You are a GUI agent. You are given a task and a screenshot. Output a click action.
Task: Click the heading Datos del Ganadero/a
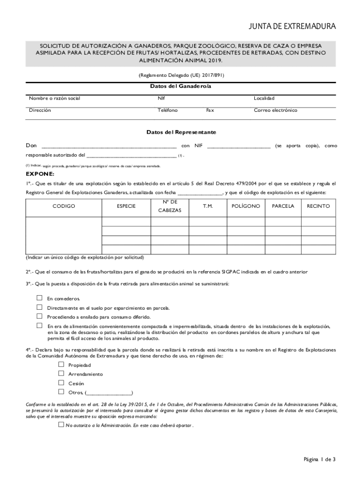point(180,87)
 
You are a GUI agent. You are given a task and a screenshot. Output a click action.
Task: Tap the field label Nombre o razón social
point(55,98)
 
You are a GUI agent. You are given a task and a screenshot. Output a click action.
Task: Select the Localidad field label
point(264,98)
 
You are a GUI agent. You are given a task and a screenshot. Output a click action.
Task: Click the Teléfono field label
point(168,110)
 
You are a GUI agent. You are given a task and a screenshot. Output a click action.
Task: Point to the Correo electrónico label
point(275,110)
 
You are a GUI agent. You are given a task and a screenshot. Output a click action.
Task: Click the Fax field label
point(210,110)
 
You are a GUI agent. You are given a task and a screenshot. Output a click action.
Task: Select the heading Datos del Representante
point(181,132)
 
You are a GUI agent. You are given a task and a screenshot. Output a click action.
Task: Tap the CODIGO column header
point(64,206)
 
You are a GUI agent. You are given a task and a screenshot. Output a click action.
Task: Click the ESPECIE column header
point(126,206)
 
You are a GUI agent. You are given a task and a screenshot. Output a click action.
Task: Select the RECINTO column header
point(318,206)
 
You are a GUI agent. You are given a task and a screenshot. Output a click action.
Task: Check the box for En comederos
point(39,298)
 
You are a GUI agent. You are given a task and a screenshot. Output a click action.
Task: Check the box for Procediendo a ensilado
point(39,316)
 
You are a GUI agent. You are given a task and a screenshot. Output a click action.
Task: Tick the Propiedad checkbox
point(61,364)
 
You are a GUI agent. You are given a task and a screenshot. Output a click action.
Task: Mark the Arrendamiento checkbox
point(61,374)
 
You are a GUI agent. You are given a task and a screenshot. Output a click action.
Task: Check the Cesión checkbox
point(61,383)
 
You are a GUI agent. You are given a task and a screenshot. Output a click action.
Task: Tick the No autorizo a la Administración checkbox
point(61,425)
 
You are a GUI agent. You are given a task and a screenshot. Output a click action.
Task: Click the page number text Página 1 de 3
point(319,459)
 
